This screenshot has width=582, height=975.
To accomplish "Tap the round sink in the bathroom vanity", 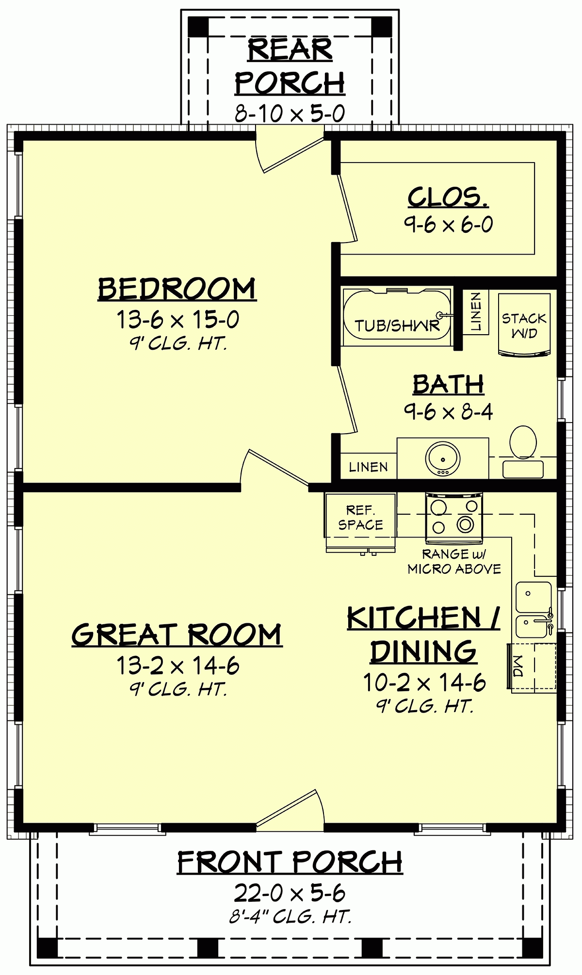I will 442,458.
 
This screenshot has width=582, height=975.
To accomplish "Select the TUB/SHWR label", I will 397,325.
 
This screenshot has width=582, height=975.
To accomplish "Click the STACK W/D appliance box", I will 524,325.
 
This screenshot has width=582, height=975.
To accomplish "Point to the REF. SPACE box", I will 360,518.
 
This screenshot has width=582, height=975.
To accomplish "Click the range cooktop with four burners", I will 454,517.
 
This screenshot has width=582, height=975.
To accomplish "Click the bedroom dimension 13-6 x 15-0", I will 178,320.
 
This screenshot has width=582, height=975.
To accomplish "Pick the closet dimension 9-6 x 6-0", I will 448,224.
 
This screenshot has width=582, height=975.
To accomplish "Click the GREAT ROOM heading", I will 177,634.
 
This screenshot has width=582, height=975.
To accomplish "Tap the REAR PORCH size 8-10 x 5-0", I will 290,114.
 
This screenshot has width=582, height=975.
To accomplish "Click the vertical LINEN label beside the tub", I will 476,311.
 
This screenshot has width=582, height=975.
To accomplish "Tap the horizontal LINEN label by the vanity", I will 368,467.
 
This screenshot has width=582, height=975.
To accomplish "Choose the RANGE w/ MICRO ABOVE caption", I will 454,561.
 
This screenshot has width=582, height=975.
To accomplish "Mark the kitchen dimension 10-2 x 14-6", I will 424,682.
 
